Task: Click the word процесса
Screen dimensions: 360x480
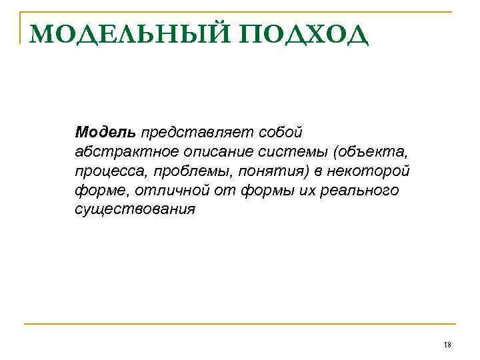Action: coord(110,171)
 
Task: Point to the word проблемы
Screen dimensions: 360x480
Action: coord(188,171)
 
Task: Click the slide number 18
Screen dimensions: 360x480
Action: coord(447,344)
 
